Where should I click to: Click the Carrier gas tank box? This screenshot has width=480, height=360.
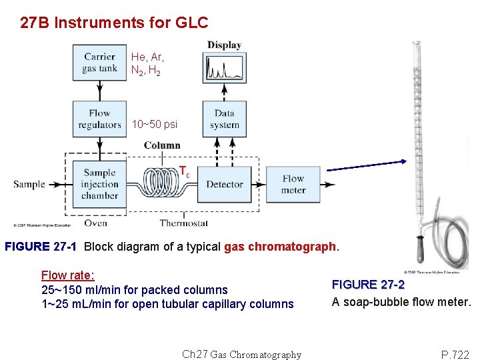[99, 62]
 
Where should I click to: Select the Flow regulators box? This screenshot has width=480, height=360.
[99, 119]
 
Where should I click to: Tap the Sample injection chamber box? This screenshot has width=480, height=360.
[99, 184]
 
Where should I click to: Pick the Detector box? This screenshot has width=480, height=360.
[225, 184]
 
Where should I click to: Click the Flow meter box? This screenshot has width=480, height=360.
[293, 184]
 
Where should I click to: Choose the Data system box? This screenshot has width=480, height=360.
[225, 119]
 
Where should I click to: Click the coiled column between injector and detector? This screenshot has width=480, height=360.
[160, 180]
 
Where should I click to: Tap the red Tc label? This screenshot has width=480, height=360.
[184, 172]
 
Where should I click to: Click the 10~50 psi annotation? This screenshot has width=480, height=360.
[155, 125]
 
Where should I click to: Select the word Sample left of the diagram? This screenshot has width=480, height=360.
[29, 184]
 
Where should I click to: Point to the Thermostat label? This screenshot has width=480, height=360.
[184, 223]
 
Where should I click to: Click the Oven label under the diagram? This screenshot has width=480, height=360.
[95, 223]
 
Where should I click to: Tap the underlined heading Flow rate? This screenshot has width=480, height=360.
[67, 275]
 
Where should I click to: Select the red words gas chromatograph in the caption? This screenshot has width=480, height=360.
[281, 247]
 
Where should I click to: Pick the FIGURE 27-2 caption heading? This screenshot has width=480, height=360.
[368, 285]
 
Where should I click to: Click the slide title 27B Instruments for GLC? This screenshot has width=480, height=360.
[114, 23]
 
